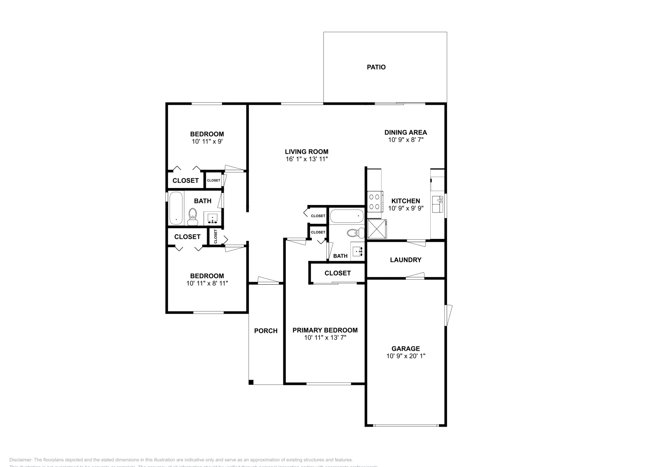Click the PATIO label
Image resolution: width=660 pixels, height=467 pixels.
tap(376, 67)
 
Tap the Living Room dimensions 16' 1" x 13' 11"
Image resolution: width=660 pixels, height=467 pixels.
tap(306, 159)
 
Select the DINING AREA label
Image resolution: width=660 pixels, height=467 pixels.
tap(405, 132)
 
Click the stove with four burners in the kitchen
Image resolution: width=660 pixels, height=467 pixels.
tap(374, 202)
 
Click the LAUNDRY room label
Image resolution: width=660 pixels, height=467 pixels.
tap(405, 260)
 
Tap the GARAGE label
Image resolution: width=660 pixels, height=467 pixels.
tap(405, 349)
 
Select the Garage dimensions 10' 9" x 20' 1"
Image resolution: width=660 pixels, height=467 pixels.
tap(405, 356)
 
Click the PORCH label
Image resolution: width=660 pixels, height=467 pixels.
tap(266, 331)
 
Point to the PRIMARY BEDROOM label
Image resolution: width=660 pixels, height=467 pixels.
tap(325, 330)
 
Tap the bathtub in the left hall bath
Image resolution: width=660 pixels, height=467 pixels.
tap(176, 208)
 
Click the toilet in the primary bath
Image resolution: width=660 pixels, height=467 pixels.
tap(354, 233)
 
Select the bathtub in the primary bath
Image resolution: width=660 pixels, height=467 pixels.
tap(347, 215)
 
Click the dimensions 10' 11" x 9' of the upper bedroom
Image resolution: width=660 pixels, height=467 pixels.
tap(207, 142)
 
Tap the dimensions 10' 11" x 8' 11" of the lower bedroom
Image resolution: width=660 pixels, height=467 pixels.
tap(207, 283)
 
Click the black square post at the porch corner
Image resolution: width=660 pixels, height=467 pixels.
tap(251, 382)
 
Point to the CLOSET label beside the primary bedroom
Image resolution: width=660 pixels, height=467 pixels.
tap(337, 273)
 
